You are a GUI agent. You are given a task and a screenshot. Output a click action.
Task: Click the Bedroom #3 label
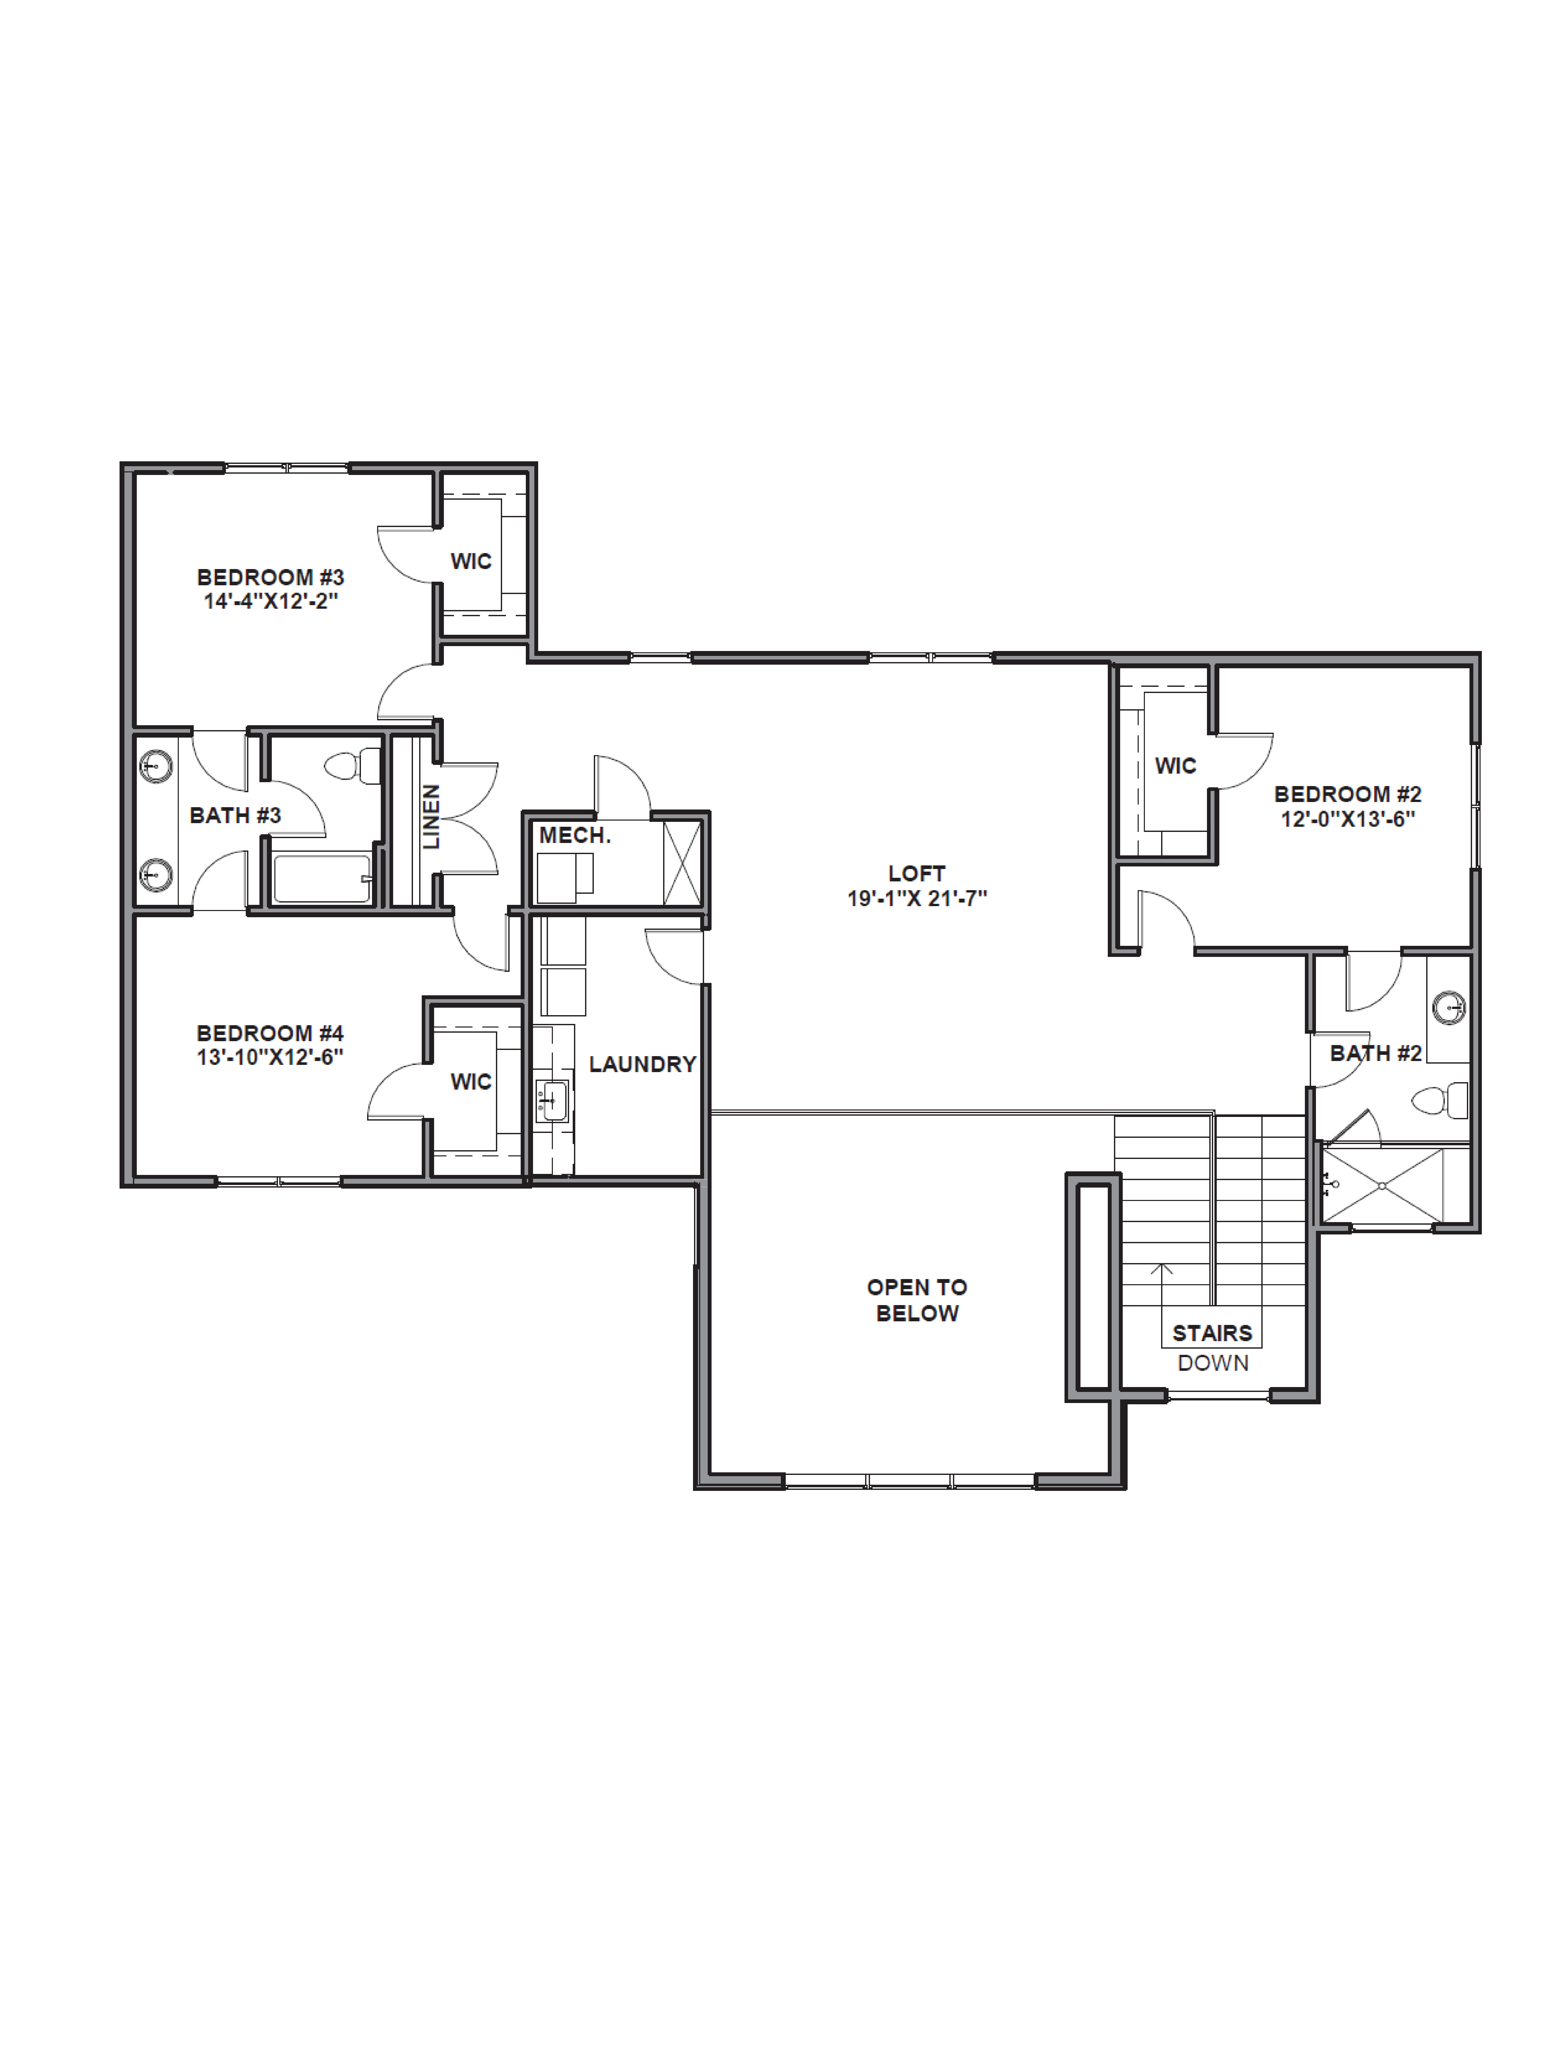point(270,577)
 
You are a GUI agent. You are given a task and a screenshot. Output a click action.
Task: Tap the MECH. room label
point(574,835)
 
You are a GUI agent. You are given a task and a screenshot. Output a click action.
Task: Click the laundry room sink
point(553,1101)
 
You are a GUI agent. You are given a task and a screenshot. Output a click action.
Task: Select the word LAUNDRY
point(642,1064)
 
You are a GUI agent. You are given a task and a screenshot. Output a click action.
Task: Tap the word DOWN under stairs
point(1212,1363)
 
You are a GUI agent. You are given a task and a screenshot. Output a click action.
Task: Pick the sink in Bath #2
point(1449,1008)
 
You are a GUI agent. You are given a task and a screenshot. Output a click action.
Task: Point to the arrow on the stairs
point(1161,1270)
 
